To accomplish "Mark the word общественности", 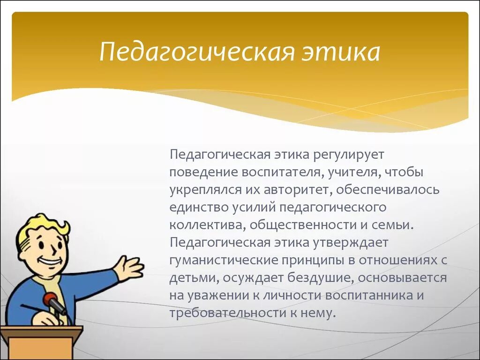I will [303, 225].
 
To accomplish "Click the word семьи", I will [392, 225].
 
